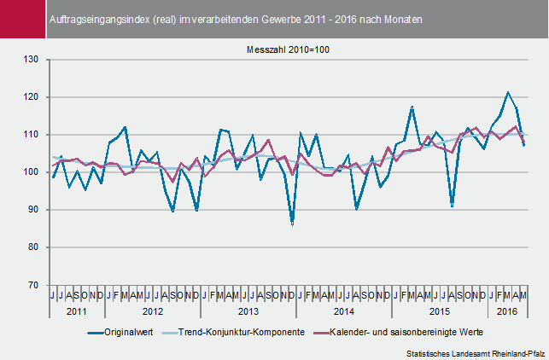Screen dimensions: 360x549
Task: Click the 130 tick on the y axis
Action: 32,60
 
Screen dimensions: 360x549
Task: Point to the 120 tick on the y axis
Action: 32,97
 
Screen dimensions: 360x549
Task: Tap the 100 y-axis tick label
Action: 32,172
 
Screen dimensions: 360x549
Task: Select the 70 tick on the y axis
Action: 34,285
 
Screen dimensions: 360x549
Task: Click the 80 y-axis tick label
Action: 34,247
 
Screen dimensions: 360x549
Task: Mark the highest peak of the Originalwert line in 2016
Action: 508,92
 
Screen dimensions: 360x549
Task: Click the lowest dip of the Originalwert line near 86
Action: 292,224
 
